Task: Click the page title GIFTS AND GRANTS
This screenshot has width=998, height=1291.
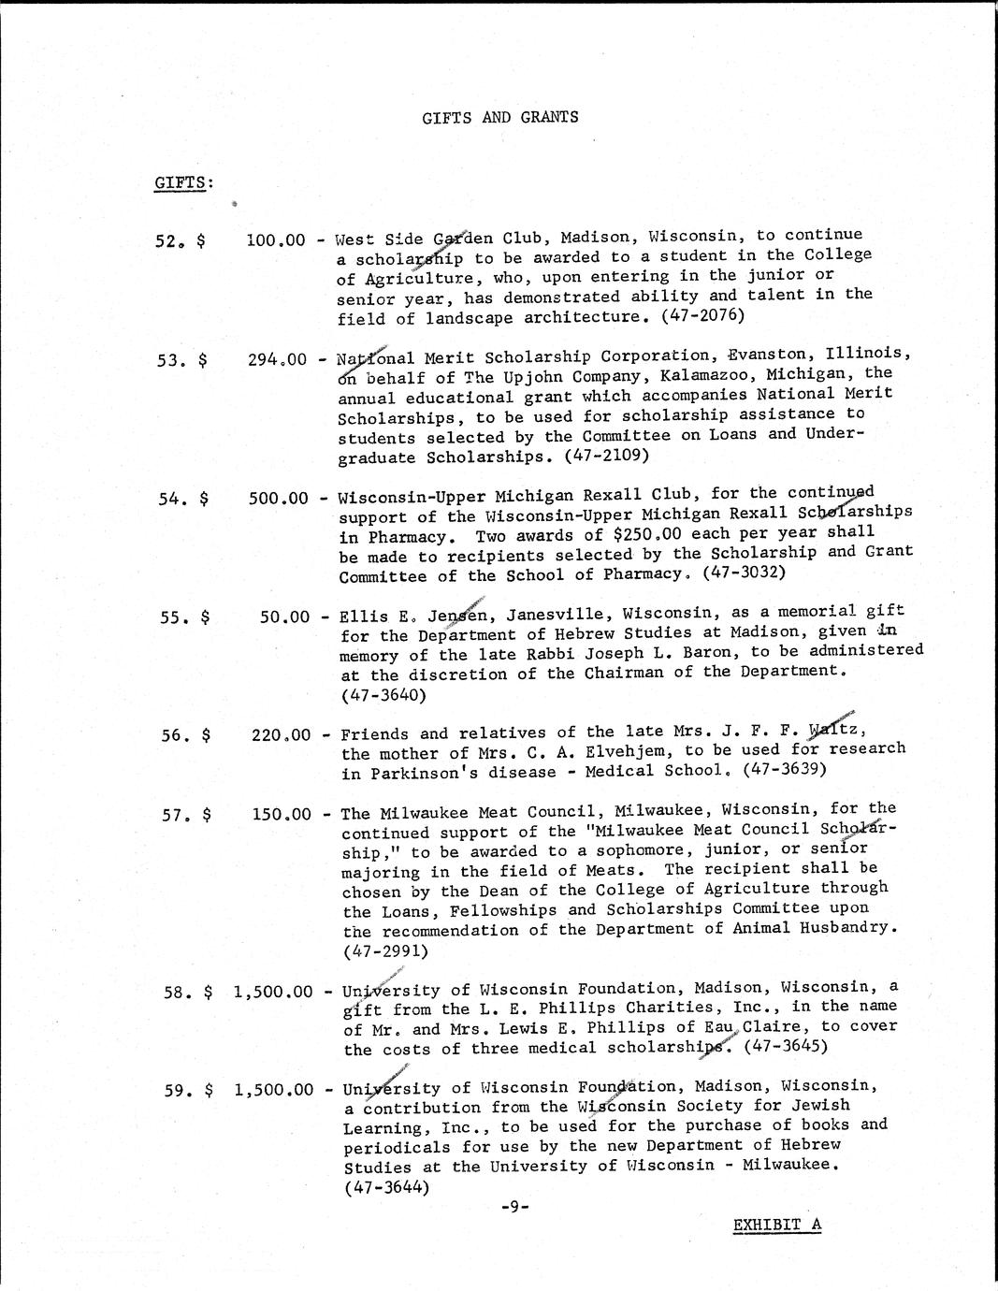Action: (499, 117)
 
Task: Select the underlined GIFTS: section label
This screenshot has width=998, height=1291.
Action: (181, 181)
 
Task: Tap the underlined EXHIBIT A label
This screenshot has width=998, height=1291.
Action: (776, 1225)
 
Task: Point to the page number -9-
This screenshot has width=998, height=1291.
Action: (514, 1207)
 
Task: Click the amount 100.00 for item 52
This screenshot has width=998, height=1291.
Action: (276, 240)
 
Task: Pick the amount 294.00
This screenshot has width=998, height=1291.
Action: (278, 358)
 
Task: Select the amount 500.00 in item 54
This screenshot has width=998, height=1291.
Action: (278, 498)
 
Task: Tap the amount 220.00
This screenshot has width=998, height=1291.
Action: (281, 735)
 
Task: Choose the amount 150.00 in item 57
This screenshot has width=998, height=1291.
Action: (281, 814)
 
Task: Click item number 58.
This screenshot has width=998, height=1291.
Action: (178, 992)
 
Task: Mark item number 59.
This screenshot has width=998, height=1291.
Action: (178, 1090)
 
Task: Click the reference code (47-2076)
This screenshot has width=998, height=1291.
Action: (702, 316)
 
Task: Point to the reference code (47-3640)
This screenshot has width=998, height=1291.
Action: (384, 695)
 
